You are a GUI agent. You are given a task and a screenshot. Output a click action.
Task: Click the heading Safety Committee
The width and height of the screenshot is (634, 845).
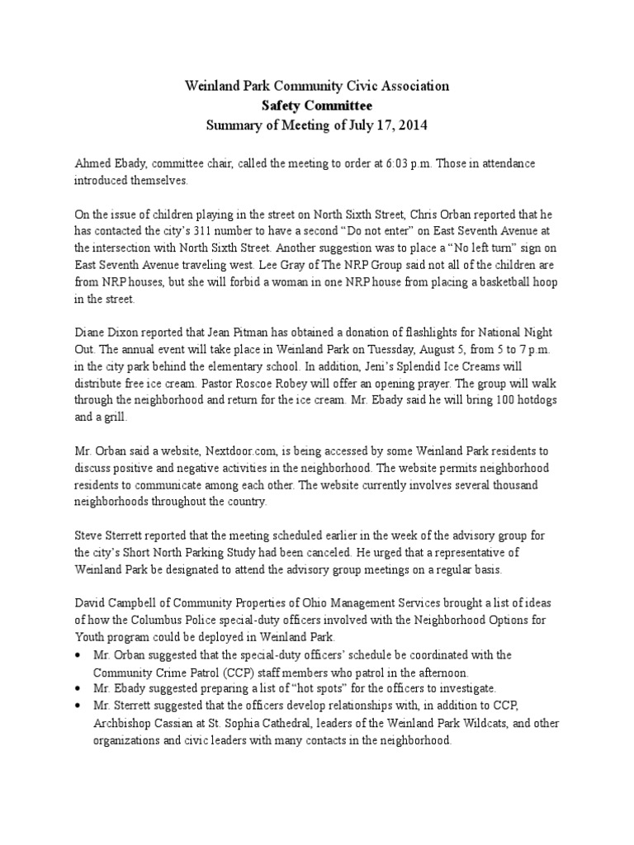click(317, 106)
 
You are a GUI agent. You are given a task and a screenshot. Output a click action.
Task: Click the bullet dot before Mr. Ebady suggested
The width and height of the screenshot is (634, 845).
click(78, 688)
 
